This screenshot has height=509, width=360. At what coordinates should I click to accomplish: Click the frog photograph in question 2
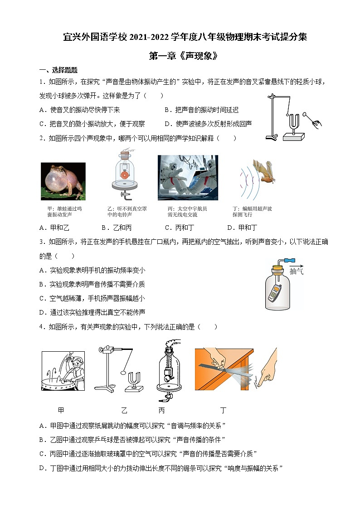pos(63,181)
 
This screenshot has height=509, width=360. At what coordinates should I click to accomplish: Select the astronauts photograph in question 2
pos(188,177)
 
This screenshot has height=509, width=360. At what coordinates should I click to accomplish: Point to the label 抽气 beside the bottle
pos(297,271)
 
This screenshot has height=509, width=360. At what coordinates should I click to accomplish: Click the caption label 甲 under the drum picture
pos(61,411)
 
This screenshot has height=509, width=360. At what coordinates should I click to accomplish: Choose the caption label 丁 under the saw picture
pos(223,411)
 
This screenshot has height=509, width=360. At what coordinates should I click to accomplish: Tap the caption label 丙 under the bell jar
pos(162,411)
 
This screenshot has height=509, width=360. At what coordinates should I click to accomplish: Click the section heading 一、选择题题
pos(58,70)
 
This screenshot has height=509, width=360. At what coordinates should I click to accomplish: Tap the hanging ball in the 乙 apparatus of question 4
pos(122,373)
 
